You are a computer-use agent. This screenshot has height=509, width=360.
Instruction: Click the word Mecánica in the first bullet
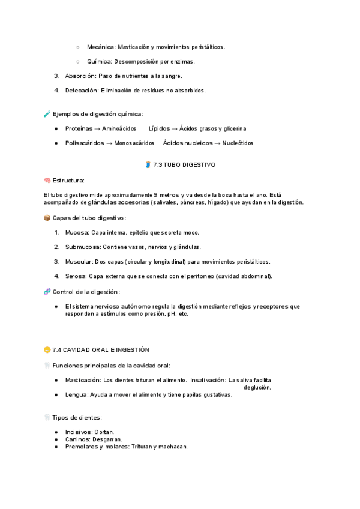(x=101, y=47)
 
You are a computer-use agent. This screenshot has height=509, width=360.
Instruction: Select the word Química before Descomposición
(x=99, y=61)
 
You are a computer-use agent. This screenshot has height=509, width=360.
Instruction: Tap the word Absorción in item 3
(x=80, y=76)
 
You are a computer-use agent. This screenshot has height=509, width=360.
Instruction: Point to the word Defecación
(x=82, y=91)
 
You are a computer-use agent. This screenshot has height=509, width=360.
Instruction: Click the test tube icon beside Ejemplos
(x=47, y=114)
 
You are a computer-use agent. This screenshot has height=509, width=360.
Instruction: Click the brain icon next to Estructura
(x=47, y=180)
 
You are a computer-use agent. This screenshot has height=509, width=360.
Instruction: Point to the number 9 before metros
(x=156, y=195)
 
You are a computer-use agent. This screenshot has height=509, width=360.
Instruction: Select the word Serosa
(x=76, y=276)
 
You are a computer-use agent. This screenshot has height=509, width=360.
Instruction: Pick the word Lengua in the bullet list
(x=76, y=394)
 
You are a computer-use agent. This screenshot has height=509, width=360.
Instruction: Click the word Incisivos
(x=79, y=432)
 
